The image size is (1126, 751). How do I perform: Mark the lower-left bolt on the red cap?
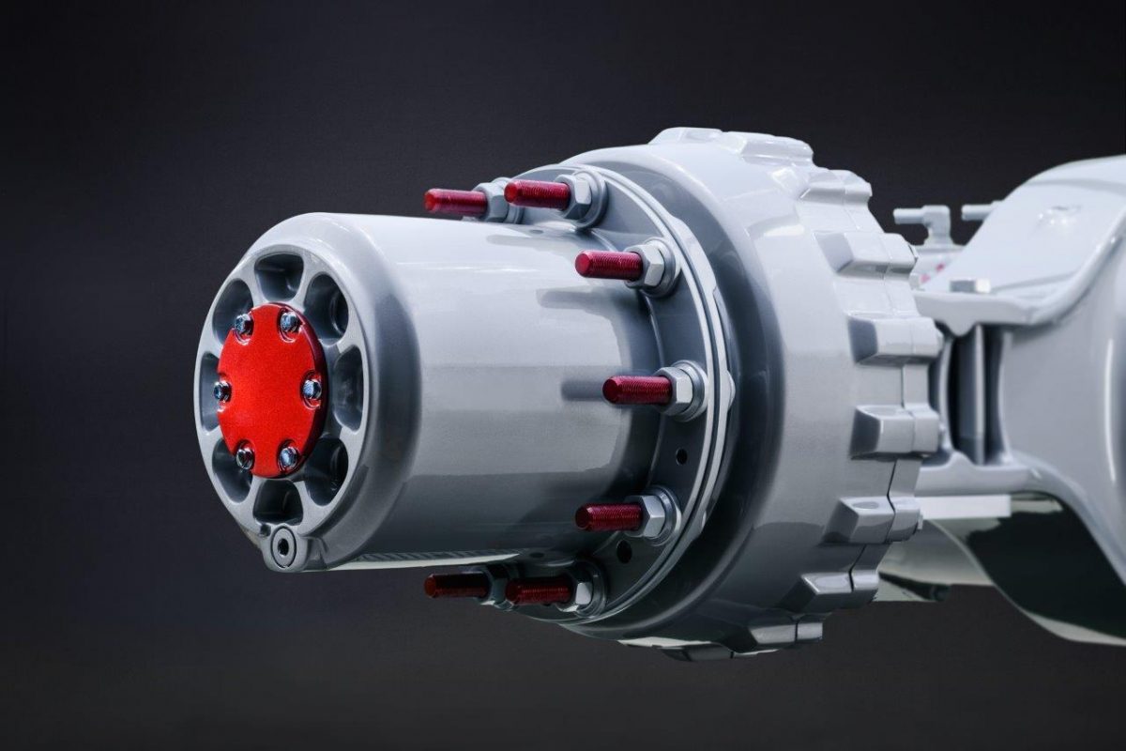(x=245, y=456)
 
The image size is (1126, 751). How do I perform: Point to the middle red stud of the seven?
(x=637, y=390)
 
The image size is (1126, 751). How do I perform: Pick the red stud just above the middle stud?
(x=609, y=265)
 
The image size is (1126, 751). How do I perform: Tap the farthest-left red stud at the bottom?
(x=455, y=587)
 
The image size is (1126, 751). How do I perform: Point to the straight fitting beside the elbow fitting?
(x=976, y=211)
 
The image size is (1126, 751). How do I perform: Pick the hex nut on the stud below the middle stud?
(x=657, y=513)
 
